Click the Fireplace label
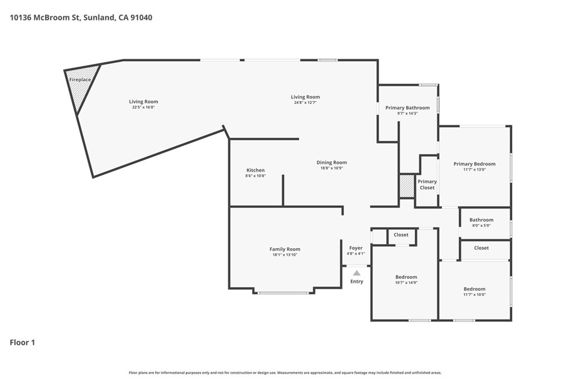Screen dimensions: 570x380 80,80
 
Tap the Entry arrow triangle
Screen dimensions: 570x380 357,273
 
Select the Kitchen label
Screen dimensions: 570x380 255,170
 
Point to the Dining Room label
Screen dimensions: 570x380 332,162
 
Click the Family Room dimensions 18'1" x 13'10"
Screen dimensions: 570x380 284,255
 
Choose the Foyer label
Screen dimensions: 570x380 356,248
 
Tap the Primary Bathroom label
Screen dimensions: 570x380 407,108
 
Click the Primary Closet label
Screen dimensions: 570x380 427,185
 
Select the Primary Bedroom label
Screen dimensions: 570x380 474,164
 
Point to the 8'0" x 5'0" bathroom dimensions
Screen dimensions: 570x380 481,225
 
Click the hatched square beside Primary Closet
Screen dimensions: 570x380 407,186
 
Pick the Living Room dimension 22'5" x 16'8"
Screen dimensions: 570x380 144,107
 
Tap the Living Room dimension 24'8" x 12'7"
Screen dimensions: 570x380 306,102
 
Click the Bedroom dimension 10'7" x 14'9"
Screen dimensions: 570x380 406,283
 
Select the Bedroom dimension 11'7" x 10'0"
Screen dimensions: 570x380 474,295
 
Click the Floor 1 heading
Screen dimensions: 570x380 22,343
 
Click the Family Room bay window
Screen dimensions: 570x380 283,293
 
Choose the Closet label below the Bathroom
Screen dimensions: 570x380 481,248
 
